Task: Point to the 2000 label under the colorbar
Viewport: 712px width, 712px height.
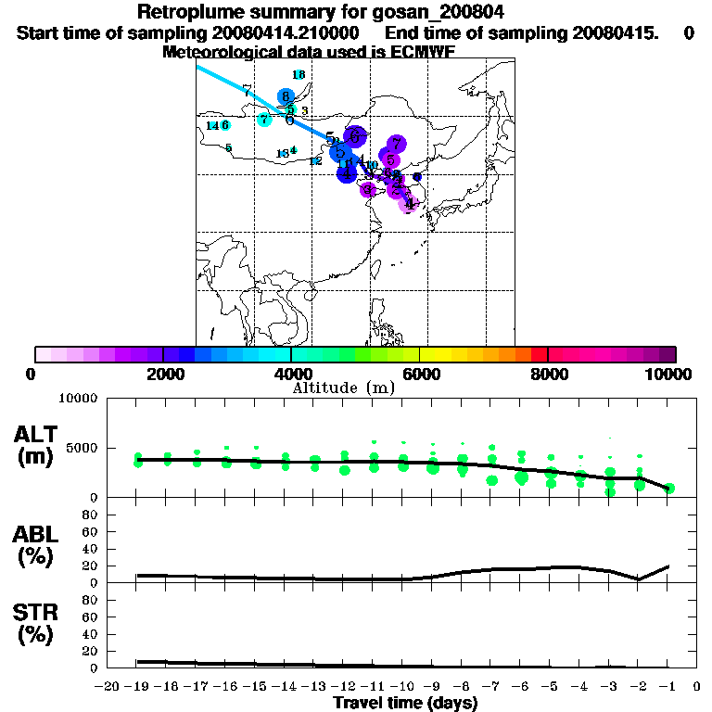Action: (162, 375)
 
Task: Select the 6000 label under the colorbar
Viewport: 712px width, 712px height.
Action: (419, 375)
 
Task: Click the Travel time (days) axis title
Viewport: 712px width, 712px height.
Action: (405, 704)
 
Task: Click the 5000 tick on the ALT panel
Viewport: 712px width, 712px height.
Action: (80, 448)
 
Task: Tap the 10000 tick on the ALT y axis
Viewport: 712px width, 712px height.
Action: (76, 399)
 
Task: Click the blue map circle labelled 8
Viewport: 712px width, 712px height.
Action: (286, 96)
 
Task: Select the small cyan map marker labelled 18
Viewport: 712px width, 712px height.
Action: (299, 75)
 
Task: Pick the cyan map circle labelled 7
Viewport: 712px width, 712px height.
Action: (264, 120)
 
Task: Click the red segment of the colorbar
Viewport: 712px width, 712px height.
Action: (539, 354)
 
